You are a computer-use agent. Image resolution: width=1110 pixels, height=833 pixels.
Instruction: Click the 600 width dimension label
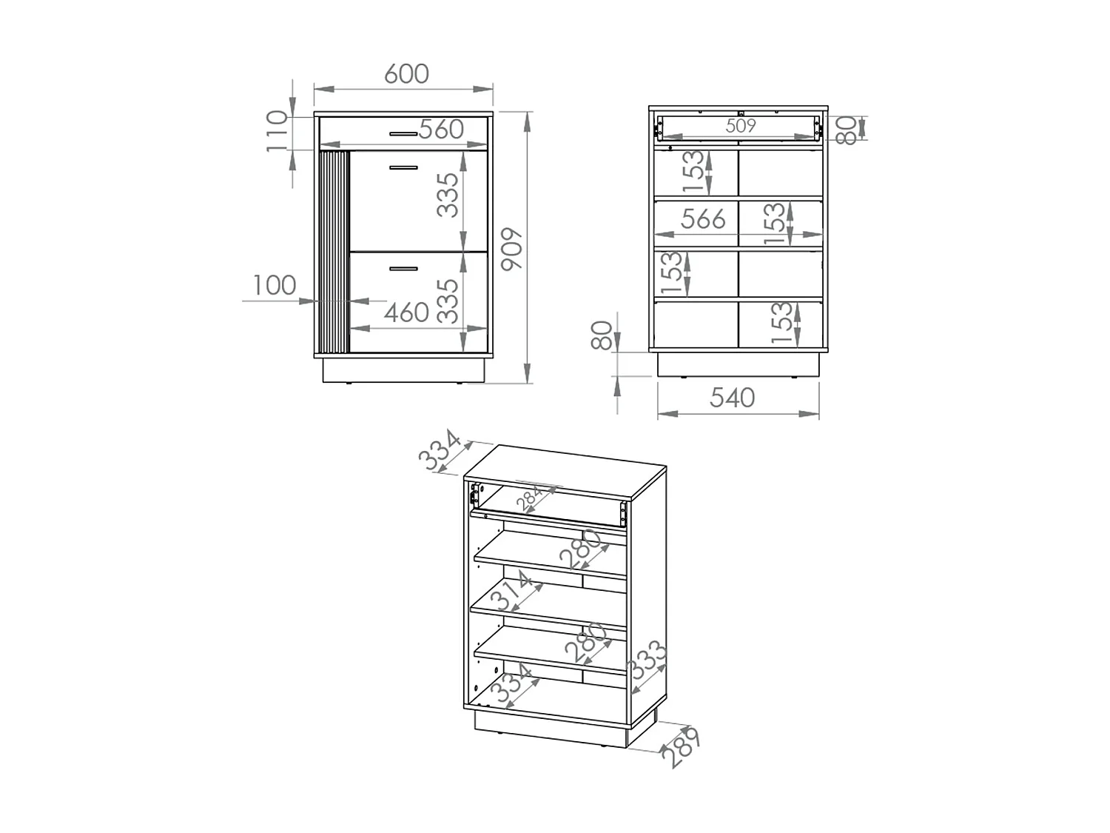click(x=406, y=74)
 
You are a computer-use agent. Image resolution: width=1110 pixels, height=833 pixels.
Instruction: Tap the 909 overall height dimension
click(x=511, y=249)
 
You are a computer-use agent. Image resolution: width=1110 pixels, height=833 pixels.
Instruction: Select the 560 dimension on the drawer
click(x=441, y=130)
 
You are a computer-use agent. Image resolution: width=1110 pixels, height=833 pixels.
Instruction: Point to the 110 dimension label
click(x=277, y=132)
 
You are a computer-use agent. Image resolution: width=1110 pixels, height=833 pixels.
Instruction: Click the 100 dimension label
click(x=274, y=285)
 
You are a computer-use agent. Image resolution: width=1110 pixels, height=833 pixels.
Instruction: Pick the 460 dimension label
click(x=406, y=312)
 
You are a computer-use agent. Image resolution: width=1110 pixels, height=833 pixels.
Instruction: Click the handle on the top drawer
click(x=403, y=134)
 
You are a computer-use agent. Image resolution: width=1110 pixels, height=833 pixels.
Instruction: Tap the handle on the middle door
click(x=403, y=167)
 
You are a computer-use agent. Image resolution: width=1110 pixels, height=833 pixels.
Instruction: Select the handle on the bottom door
click(x=403, y=269)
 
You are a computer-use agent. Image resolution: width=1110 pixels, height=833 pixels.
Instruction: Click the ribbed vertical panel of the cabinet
click(x=334, y=251)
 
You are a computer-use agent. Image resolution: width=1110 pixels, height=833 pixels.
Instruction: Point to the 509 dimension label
click(x=740, y=125)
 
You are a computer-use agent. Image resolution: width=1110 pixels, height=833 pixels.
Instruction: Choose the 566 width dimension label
click(x=703, y=219)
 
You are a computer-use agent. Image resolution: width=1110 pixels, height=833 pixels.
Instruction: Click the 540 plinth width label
click(x=732, y=398)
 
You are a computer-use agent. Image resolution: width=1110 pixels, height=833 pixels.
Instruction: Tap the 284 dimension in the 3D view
click(x=529, y=497)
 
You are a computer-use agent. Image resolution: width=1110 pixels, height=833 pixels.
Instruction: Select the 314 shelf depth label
click(x=511, y=591)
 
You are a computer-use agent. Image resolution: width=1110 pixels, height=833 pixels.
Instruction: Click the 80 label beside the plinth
click(x=602, y=336)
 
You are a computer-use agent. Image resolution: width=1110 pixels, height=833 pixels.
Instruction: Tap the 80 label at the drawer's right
click(x=846, y=130)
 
